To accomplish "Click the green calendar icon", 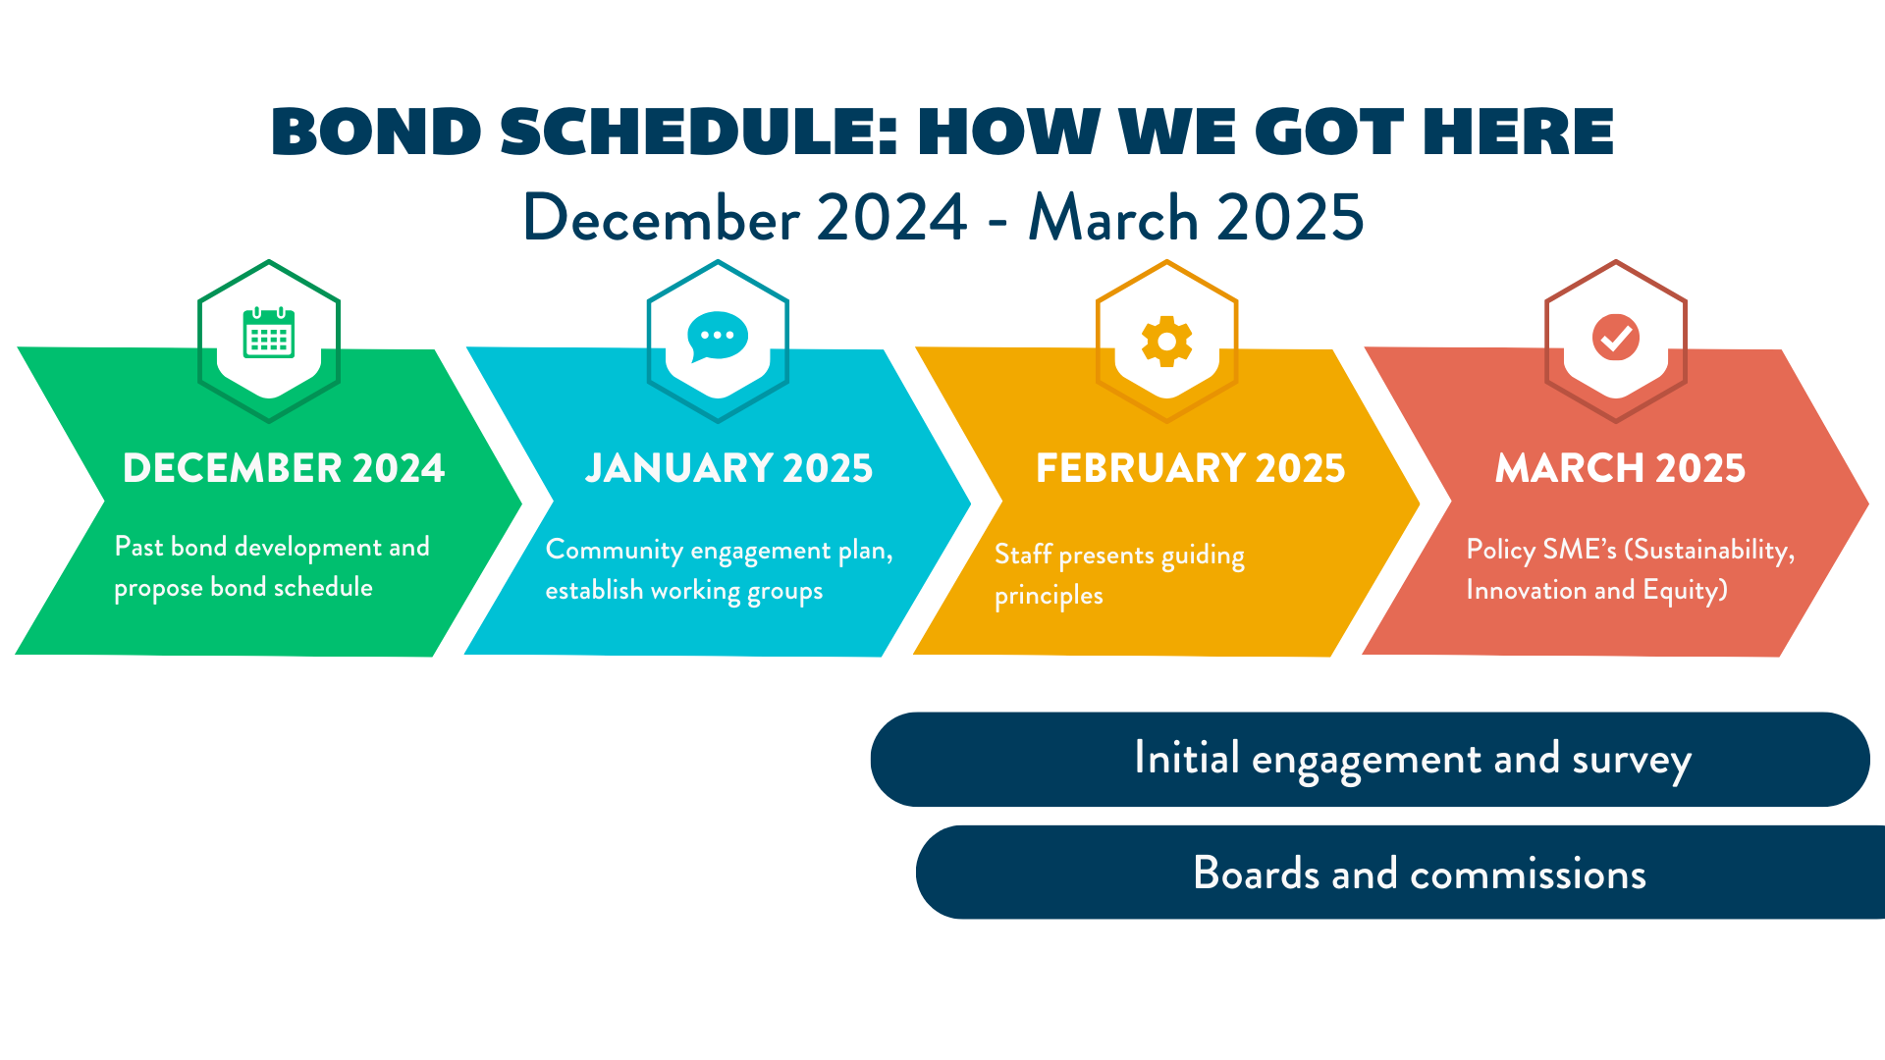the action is click(x=269, y=333).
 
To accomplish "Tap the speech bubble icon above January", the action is click(x=718, y=337).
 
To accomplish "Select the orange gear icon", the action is click(x=1166, y=341).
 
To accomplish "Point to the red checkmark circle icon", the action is click(x=1616, y=338).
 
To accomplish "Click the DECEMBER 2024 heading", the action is click(x=284, y=468).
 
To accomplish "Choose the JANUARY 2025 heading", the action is click(x=728, y=468).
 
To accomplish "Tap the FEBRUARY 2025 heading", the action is click(x=1190, y=468).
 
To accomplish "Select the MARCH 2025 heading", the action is click(x=1620, y=468).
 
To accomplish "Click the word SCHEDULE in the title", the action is click(x=699, y=132).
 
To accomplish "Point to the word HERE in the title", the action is click(x=1518, y=132).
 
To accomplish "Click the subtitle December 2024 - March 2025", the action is click(x=942, y=217).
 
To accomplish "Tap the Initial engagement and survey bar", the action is click(x=1370, y=760).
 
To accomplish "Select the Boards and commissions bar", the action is click(x=1400, y=873).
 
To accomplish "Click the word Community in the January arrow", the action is click(x=614, y=551).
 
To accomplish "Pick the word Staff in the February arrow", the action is click(x=1023, y=555).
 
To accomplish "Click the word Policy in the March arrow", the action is click(x=1500, y=551).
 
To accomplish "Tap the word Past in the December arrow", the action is click(x=138, y=547).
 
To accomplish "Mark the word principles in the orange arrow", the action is click(x=1049, y=597).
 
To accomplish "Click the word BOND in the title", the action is click(x=376, y=132).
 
